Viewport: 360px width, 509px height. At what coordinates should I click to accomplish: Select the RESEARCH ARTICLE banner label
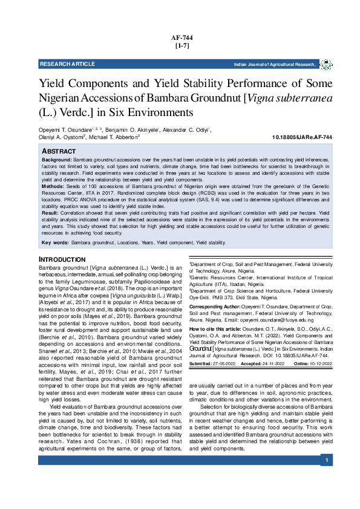point(67,64)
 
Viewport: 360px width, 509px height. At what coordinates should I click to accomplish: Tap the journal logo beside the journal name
point(326,64)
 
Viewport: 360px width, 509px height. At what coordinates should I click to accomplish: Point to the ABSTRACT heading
point(59,150)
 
